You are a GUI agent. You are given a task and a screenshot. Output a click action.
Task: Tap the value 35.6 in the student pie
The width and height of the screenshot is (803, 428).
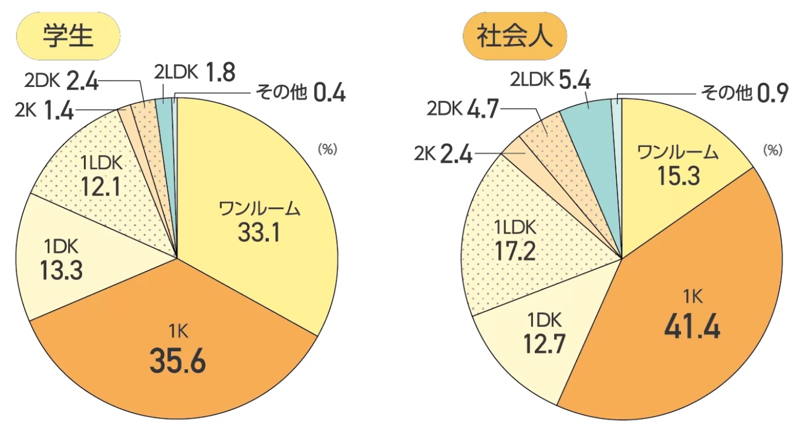click(x=177, y=362)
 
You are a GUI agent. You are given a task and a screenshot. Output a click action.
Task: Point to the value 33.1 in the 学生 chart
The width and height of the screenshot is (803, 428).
click(x=259, y=234)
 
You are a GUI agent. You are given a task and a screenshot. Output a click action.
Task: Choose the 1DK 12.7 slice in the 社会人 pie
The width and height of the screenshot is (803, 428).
click(x=541, y=334)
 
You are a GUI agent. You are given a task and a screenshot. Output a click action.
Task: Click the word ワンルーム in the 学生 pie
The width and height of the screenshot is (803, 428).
click(x=259, y=209)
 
